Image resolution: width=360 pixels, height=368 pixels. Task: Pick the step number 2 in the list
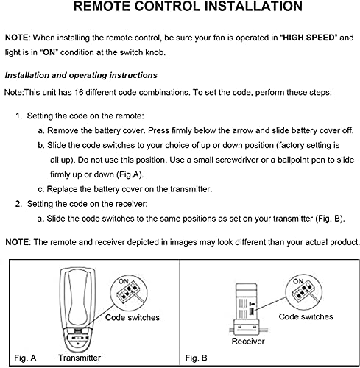pos(19,202)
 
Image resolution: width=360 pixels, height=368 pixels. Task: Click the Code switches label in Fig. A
pos(133,317)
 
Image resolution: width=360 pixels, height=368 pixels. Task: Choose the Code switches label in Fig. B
pos(306,316)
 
